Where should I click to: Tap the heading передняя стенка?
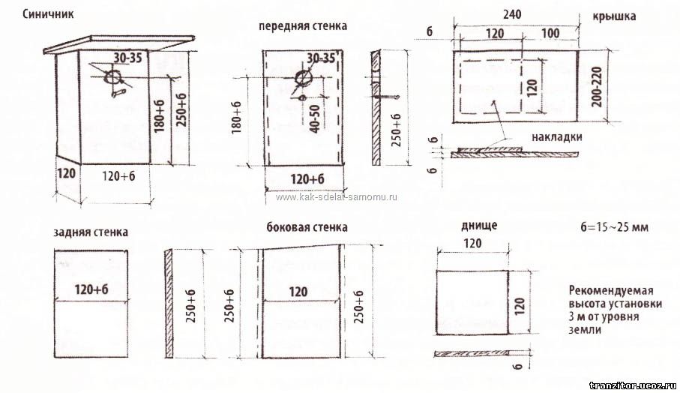[303, 25]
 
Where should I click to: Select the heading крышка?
[613, 16]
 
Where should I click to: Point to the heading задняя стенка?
[91, 232]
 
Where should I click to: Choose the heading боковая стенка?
[307, 226]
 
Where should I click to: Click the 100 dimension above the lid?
[550, 34]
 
